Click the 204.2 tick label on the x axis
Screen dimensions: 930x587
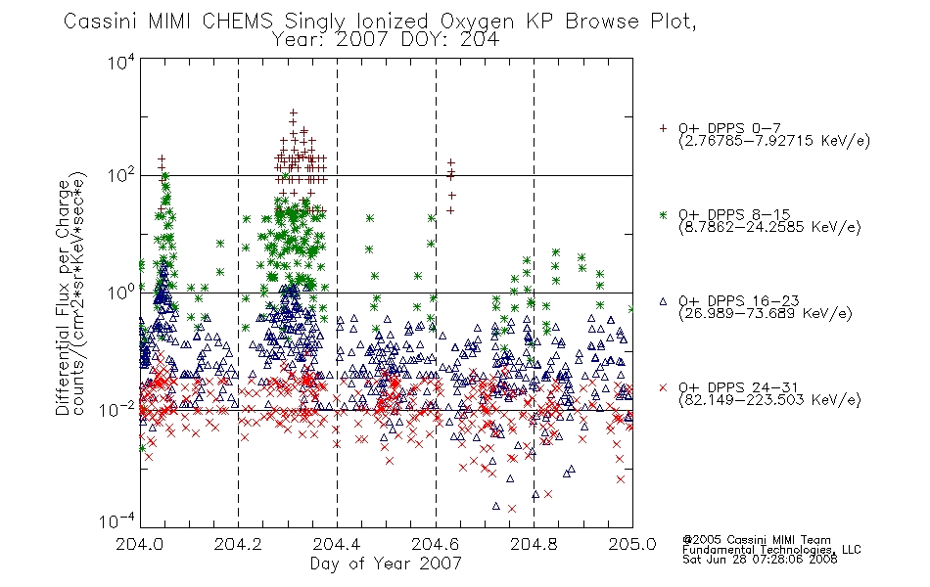coord(238,544)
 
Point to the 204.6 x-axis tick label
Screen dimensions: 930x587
coord(436,544)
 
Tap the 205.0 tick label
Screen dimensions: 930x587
coord(632,544)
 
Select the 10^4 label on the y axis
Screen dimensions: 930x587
coord(121,62)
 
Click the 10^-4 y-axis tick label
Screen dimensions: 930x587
coord(117,521)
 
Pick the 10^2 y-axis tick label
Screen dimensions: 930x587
coord(121,175)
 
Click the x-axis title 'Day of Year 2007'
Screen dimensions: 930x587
coord(386,564)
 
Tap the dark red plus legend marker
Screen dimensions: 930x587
coord(663,128)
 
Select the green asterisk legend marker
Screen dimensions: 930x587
coord(663,214)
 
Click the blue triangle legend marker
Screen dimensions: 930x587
coord(663,301)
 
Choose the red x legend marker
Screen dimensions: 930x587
coord(663,387)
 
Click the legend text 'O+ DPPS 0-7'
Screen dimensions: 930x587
coord(729,128)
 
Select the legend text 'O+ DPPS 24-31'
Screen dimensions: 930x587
coord(738,387)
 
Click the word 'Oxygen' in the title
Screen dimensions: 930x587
coord(477,22)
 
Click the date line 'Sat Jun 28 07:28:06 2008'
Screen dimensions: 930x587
coord(760,560)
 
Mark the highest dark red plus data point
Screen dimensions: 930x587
coord(293,113)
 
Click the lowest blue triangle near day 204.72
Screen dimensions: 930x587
coord(496,506)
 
